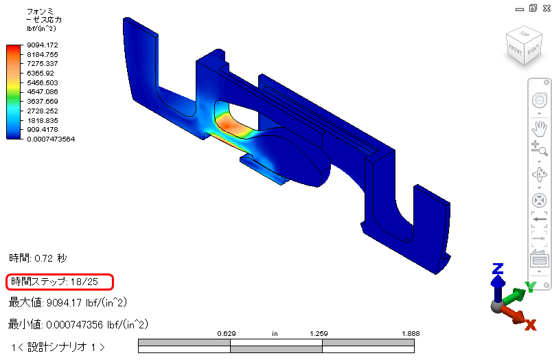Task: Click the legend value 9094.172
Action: [x=43, y=45]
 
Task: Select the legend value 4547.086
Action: [x=43, y=92]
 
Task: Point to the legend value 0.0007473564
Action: [x=51, y=139]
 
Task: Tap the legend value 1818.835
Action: [x=43, y=120]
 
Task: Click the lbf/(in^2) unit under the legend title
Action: [x=41, y=29]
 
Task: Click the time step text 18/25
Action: [x=84, y=282]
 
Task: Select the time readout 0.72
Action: [x=44, y=258]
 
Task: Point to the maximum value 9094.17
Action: [x=64, y=302]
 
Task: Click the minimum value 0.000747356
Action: [x=75, y=324]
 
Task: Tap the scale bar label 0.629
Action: [x=227, y=334]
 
